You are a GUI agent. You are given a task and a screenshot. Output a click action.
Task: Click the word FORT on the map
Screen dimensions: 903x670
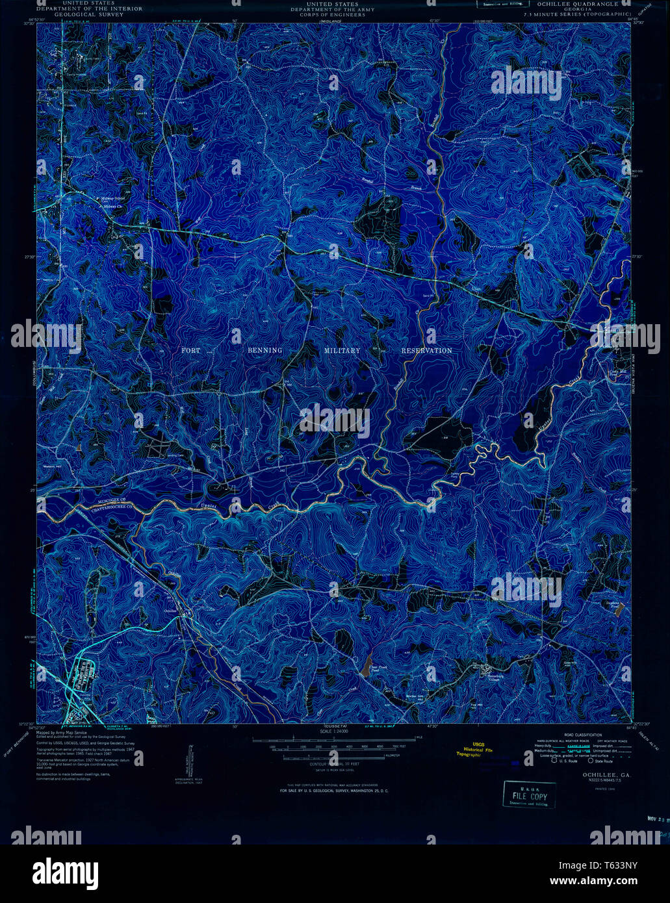pos(191,351)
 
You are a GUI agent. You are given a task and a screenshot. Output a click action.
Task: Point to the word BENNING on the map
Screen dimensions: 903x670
pos(265,351)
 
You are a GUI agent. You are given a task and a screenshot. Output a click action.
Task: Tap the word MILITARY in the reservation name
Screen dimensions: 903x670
pos(342,351)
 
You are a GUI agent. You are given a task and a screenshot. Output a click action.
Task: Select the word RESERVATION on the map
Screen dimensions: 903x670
pos(426,351)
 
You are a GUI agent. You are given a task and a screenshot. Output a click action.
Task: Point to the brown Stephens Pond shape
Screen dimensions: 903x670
pos(621,608)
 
